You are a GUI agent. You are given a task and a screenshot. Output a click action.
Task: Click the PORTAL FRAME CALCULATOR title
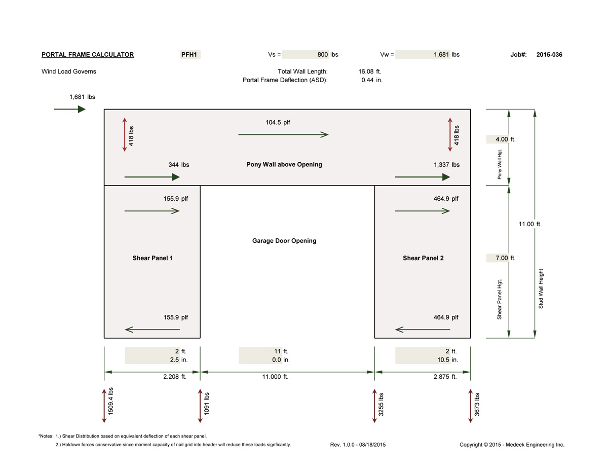coord(88,55)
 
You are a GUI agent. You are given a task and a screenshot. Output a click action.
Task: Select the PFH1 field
coord(190,54)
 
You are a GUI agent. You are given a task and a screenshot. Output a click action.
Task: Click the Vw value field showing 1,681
coord(424,54)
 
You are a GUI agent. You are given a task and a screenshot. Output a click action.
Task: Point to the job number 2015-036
coord(549,55)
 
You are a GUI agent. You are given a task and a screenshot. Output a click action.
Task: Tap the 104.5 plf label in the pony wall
coord(278,122)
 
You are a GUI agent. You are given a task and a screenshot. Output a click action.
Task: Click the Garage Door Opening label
coord(284,241)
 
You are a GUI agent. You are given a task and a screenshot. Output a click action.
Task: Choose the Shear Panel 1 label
coord(153,258)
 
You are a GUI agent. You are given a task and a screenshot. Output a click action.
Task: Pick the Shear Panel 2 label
coord(423,258)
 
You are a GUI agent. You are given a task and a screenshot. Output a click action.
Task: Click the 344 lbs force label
coord(179,165)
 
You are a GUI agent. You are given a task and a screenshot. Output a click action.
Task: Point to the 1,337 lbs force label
coord(446,165)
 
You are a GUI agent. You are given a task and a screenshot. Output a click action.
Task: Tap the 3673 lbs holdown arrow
coord(470,406)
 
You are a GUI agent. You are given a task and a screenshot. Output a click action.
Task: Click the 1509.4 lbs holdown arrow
coord(104,406)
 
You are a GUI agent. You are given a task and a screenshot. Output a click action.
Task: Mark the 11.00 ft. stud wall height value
coord(530,224)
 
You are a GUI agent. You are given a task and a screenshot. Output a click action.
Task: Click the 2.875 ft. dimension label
coord(445,377)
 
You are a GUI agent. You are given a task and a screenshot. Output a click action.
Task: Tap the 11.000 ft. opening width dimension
coord(275,377)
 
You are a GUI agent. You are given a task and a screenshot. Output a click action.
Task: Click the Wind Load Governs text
coord(69,71)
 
